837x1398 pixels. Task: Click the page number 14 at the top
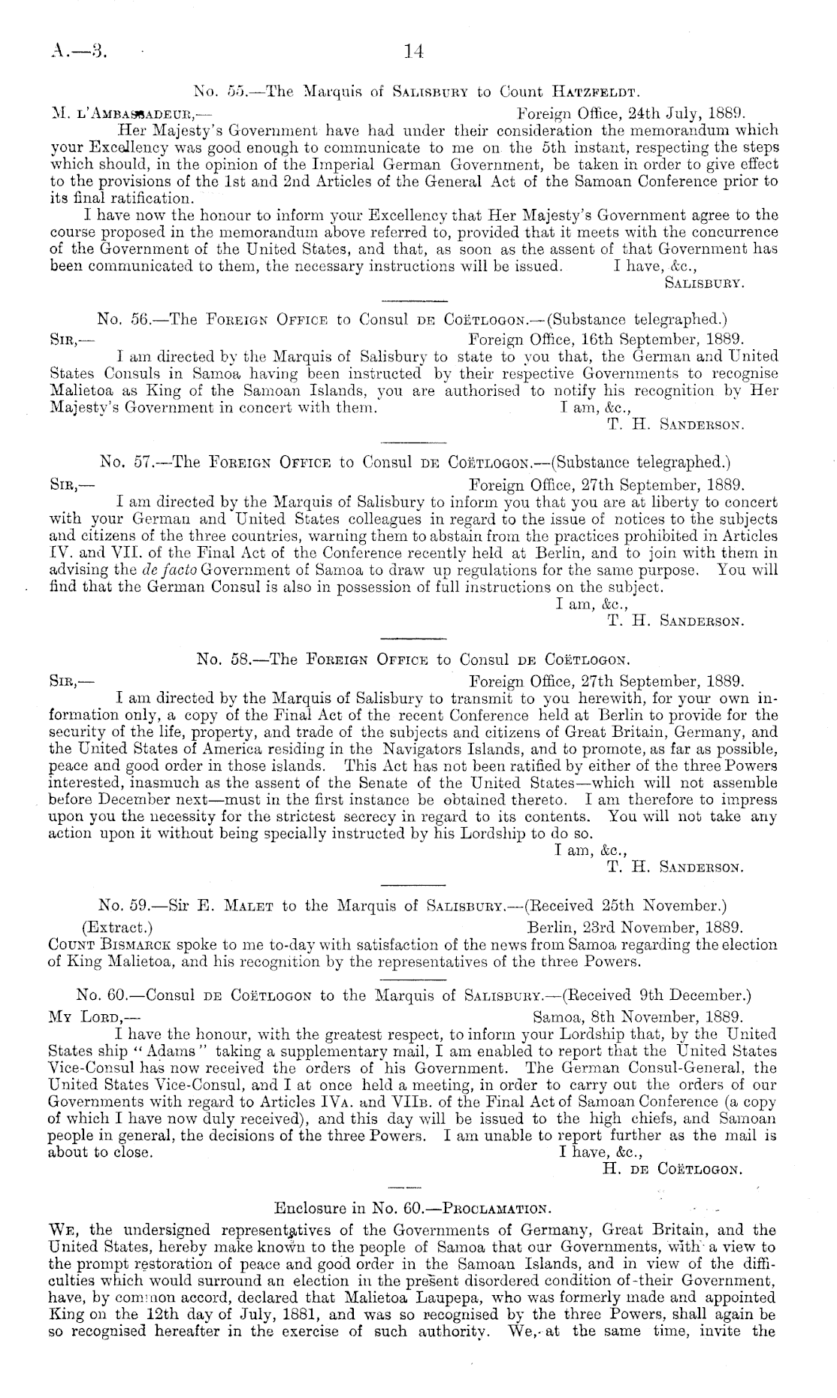coord(414,51)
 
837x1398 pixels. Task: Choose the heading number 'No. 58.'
coord(223,660)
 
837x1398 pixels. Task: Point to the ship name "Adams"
coord(165,1052)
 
